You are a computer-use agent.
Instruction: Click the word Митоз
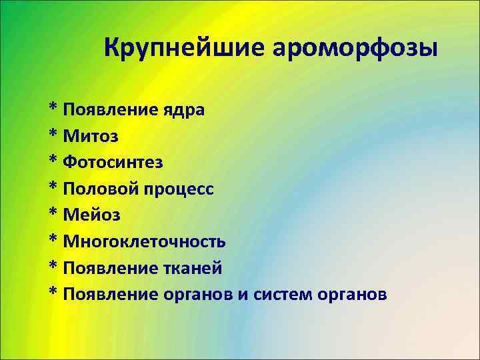pos(91,135)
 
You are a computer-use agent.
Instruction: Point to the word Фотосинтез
pos(113,162)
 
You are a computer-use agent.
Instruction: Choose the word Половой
pos(99,189)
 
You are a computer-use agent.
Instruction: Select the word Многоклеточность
pos(145,241)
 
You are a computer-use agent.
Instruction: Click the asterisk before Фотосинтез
pos(53,161)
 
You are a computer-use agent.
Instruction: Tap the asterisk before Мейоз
pos(53,215)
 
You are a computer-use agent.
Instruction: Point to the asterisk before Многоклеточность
pos(53,241)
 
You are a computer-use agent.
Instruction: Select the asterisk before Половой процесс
pos(53,188)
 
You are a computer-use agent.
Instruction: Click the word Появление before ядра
pos(110,109)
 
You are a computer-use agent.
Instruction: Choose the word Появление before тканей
pos(110,268)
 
